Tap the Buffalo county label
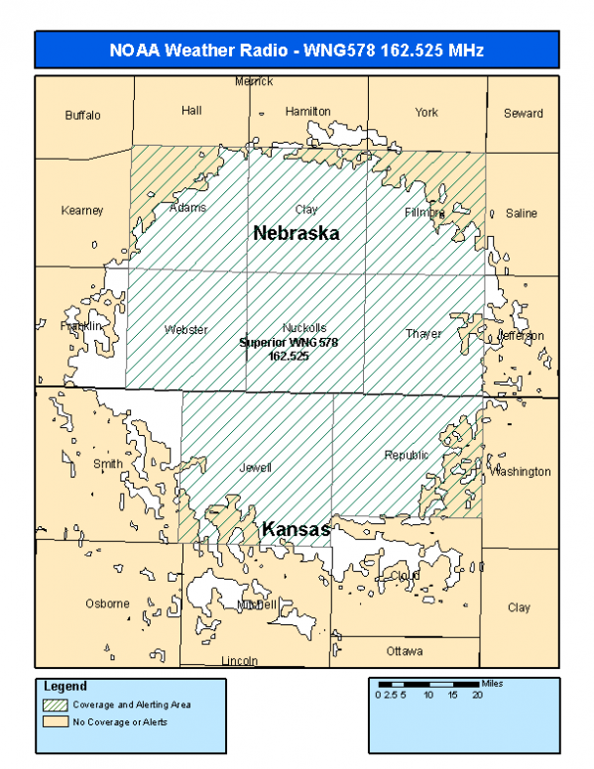click(83, 115)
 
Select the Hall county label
click(191, 111)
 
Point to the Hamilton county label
click(307, 112)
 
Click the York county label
click(426, 113)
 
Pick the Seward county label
click(523, 113)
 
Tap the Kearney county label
click(82, 210)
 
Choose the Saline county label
click(521, 213)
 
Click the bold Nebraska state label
click(296, 234)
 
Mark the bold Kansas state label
click(296, 531)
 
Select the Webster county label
click(186, 330)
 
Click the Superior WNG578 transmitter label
click(290, 348)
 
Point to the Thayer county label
click(423, 334)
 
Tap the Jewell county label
click(255, 467)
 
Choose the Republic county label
click(407, 455)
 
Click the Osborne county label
click(107, 604)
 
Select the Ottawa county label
click(405, 651)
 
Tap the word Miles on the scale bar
click(491, 683)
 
